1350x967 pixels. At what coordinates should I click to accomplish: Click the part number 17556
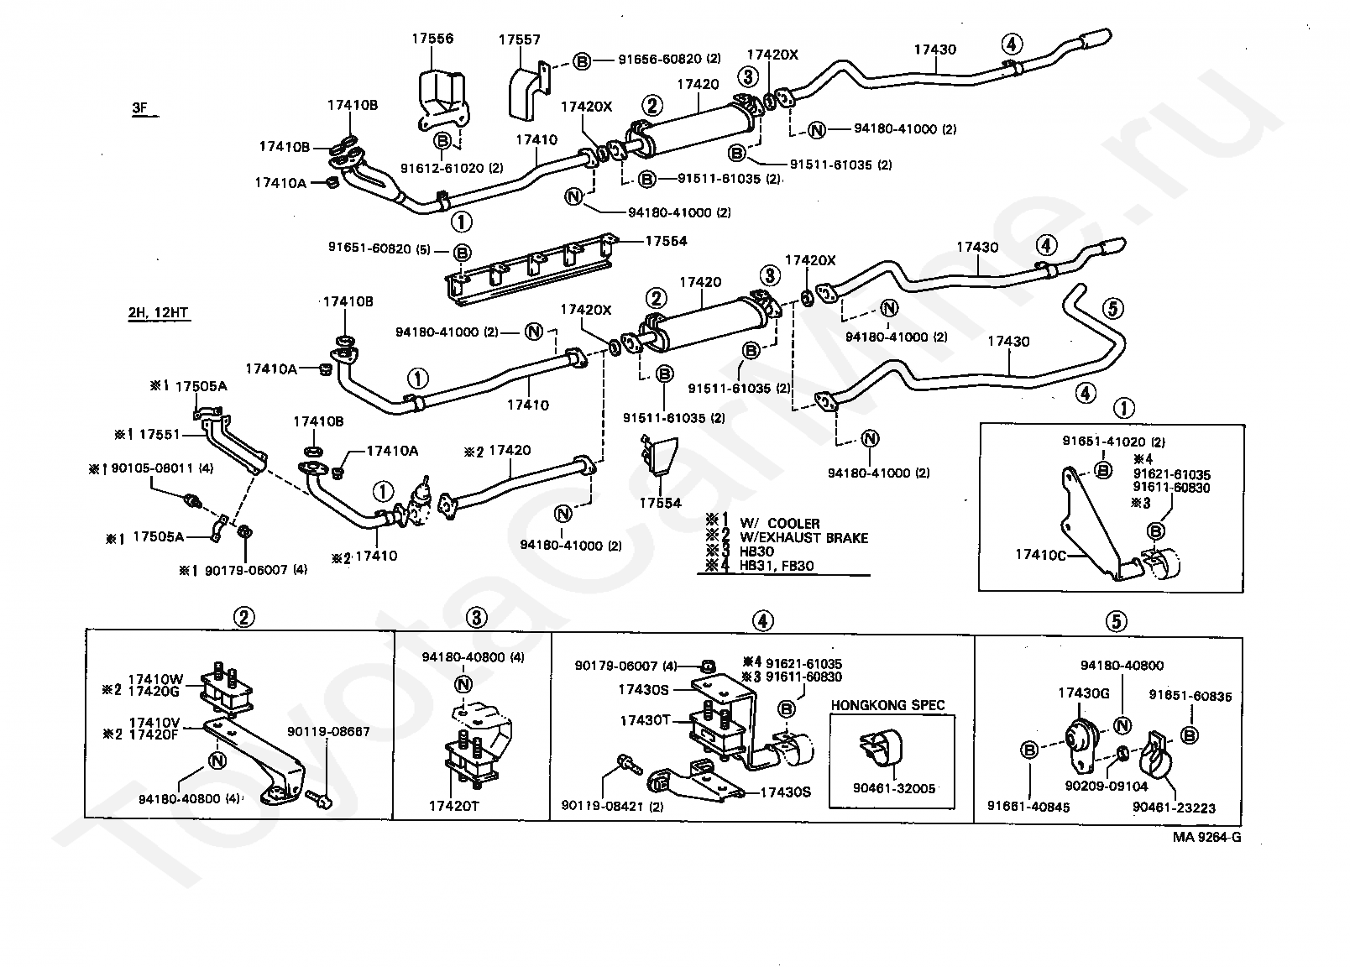tap(432, 39)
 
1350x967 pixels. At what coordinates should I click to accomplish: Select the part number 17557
tap(519, 39)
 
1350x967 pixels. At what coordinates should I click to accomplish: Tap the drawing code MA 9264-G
tap(1206, 837)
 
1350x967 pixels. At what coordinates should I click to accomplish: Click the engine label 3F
tap(139, 108)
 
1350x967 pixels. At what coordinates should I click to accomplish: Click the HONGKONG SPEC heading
tap(888, 705)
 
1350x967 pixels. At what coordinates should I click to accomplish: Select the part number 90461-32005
tap(893, 788)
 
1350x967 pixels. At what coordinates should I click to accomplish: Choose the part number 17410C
tap(1040, 554)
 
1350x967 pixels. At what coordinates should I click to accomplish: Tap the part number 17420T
tap(454, 805)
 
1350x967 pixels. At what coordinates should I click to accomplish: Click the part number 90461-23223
tap(1173, 808)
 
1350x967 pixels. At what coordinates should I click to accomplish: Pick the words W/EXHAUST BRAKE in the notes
tap(803, 537)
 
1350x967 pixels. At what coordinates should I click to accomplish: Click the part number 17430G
tap(1083, 693)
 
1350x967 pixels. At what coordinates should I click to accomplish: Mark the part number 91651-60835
tap(1190, 695)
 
